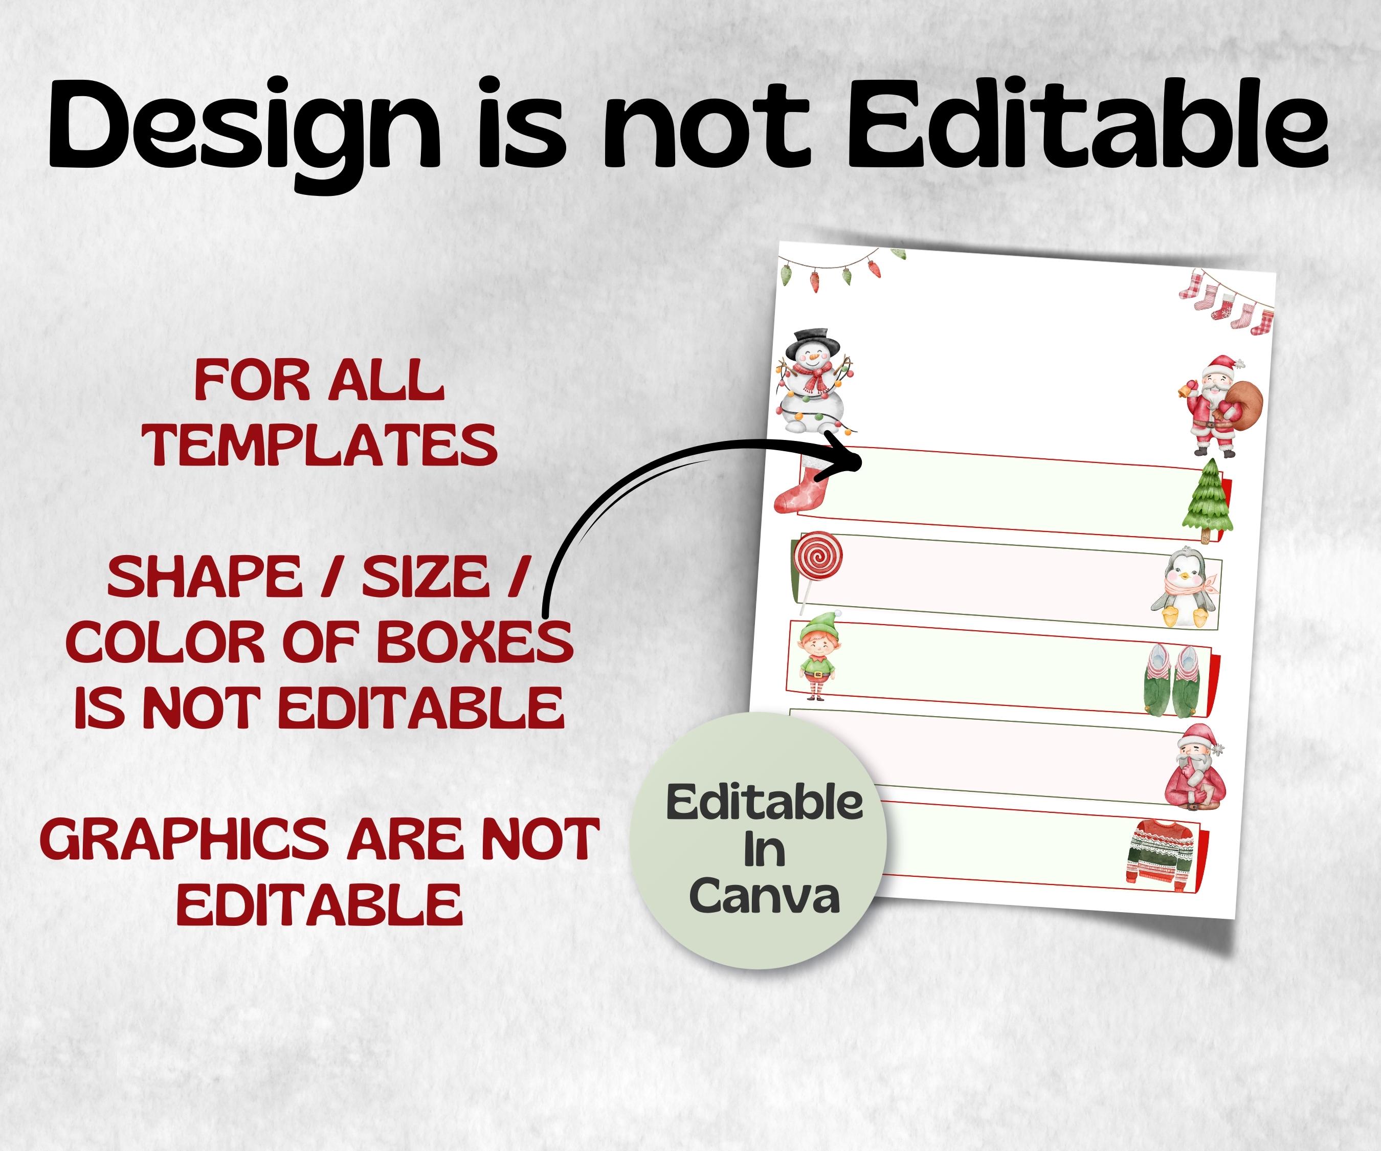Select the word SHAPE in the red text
click(x=204, y=577)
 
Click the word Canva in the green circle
click(x=765, y=896)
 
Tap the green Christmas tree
click(x=1208, y=501)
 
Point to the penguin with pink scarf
click(x=1185, y=587)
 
